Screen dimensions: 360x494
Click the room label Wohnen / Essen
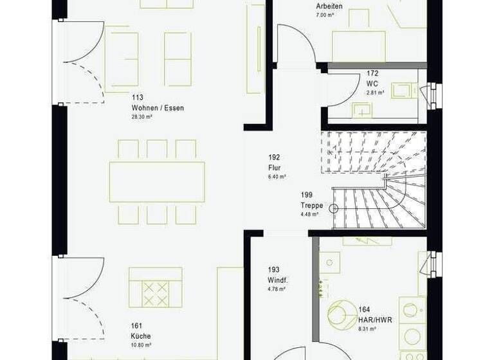click(x=158, y=108)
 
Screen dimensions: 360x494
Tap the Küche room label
click(x=140, y=335)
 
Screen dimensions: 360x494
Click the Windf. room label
click(x=278, y=280)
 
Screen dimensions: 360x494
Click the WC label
click(x=372, y=84)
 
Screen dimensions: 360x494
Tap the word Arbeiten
click(x=329, y=6)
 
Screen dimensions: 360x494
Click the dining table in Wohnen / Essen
click(x=157, y=182)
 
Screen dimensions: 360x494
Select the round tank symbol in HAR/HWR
click(x=343, y=314)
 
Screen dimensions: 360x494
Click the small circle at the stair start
click(x=333, y=207)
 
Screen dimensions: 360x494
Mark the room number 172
click(x=372, y=73)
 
